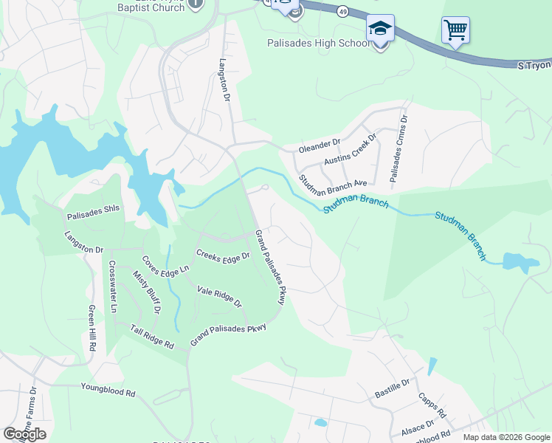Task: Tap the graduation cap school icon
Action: click(x=380, y=29)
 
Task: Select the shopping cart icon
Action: click(x=455, y=30)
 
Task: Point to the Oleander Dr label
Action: click(x=319, y=145)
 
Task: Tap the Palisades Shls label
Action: click(x=93, y=208)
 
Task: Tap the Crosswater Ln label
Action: click(x=113, y=286)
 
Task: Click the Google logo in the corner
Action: click(x=24, y=434)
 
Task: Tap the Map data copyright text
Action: click(x=505, y=437)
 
